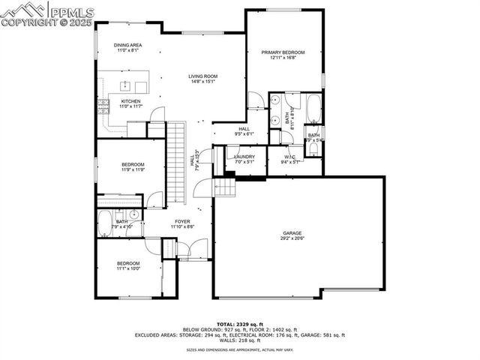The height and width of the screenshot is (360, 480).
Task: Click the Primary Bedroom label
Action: pos(283,52)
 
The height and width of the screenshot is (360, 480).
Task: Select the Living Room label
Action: pos(202,76)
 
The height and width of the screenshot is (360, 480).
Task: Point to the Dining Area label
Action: pos(128,45)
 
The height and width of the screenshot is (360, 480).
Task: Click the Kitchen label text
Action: pos(131,101)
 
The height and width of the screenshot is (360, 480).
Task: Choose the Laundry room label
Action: pos(244,156)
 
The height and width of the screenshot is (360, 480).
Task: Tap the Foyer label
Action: pos(182,221)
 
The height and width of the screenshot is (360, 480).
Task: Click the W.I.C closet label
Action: pos(289,157)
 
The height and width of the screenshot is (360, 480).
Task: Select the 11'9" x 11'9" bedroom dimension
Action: pos(133,169)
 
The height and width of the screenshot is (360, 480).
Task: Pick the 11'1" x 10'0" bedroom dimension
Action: pos(128,268)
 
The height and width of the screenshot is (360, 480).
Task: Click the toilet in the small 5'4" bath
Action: pos(313,147)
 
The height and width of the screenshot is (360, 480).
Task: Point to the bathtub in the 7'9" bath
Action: pos(105,223)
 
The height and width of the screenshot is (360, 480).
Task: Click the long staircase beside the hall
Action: pos(175,161)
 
